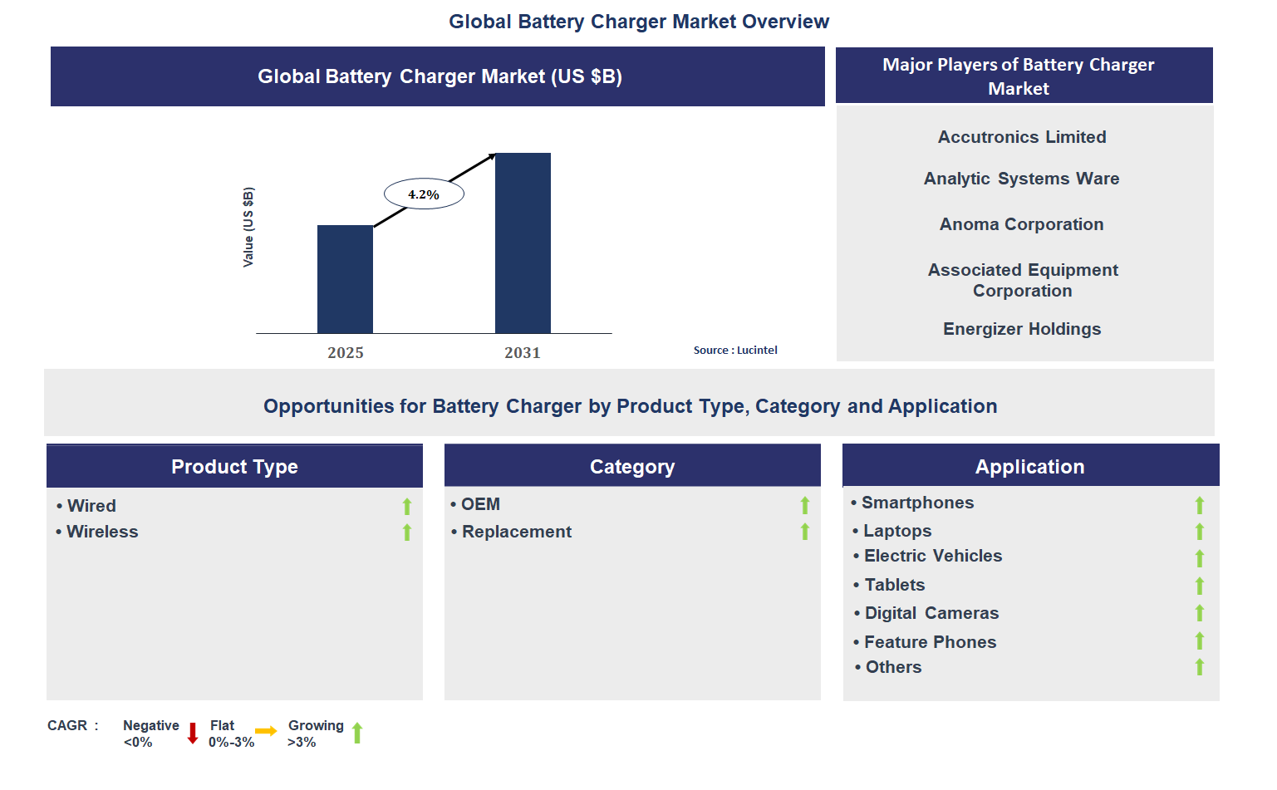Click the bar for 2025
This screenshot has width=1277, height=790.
pyautogui.click(x=345, y=279)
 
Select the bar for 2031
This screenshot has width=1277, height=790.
pyautogui.click(x=523, y=243)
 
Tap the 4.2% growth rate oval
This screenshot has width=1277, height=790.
pyautogui.click(x=424, y=194)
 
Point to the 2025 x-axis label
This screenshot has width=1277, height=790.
pyautogui.click(x=346, y=353)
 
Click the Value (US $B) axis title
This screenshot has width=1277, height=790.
pyautogui.click(x=248, y=227)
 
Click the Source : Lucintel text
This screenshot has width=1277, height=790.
pyautogui.click(x=735, y=351)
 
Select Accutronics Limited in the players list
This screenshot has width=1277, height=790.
pyautogui.click(x=1022, y=137)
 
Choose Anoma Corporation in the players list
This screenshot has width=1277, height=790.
pyautogui.click(x=1021, y=224)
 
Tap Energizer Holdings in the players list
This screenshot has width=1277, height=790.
pyautogui.click(x=1022, y=329)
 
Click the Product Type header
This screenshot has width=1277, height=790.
pyautogui.click(x=234, y=467)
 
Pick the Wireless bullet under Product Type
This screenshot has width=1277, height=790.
pyautogui.click(x=101, y=532)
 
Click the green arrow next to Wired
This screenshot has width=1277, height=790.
pyautogui.click(x=407, y=506)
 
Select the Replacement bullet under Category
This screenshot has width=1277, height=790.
pyautogui.click(x=516, y=532)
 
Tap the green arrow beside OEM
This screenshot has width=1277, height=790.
pyautogui.click(x=804, y=505)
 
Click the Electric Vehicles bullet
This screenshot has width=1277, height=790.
pyautogui.click(x=932, y=556)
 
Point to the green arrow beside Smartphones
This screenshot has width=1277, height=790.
pyautogui.click(x=1199, y=505)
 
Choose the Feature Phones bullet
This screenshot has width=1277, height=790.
pyautogui.click(x=930, y=642)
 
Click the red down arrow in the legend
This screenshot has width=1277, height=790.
pyautogui.click(x=193, y=733)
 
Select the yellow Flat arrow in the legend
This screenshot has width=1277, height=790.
pyautogui.click(x=266, y=731)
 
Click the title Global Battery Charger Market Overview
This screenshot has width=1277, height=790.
pyautogui.click(x=639, y=22)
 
